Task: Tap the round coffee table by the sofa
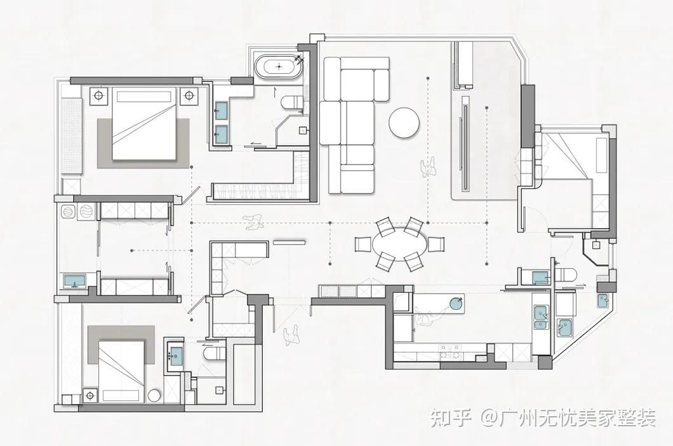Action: pos(404,123)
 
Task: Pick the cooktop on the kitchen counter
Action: pos(450,350)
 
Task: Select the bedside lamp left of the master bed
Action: pos(100,96)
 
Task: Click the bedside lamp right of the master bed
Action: pos(189,96)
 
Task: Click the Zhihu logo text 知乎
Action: pos(450,418)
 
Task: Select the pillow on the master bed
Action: pos(145,97)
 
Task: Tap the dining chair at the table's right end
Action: pos(436,244)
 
